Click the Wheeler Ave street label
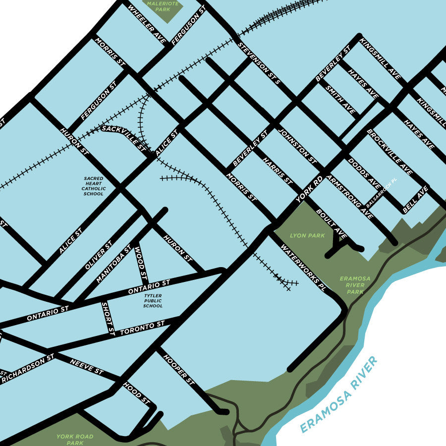point(146,24)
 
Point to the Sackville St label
point(124,137)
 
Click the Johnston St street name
point(297,147)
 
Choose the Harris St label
point(278,171)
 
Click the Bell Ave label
point(415,200)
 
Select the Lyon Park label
point(307,235)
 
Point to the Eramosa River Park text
point(355,285)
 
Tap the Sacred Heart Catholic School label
point(93,186)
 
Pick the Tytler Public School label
point(153,301)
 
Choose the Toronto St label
point(142,328)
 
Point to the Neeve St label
point(86,366)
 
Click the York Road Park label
point(75,440)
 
